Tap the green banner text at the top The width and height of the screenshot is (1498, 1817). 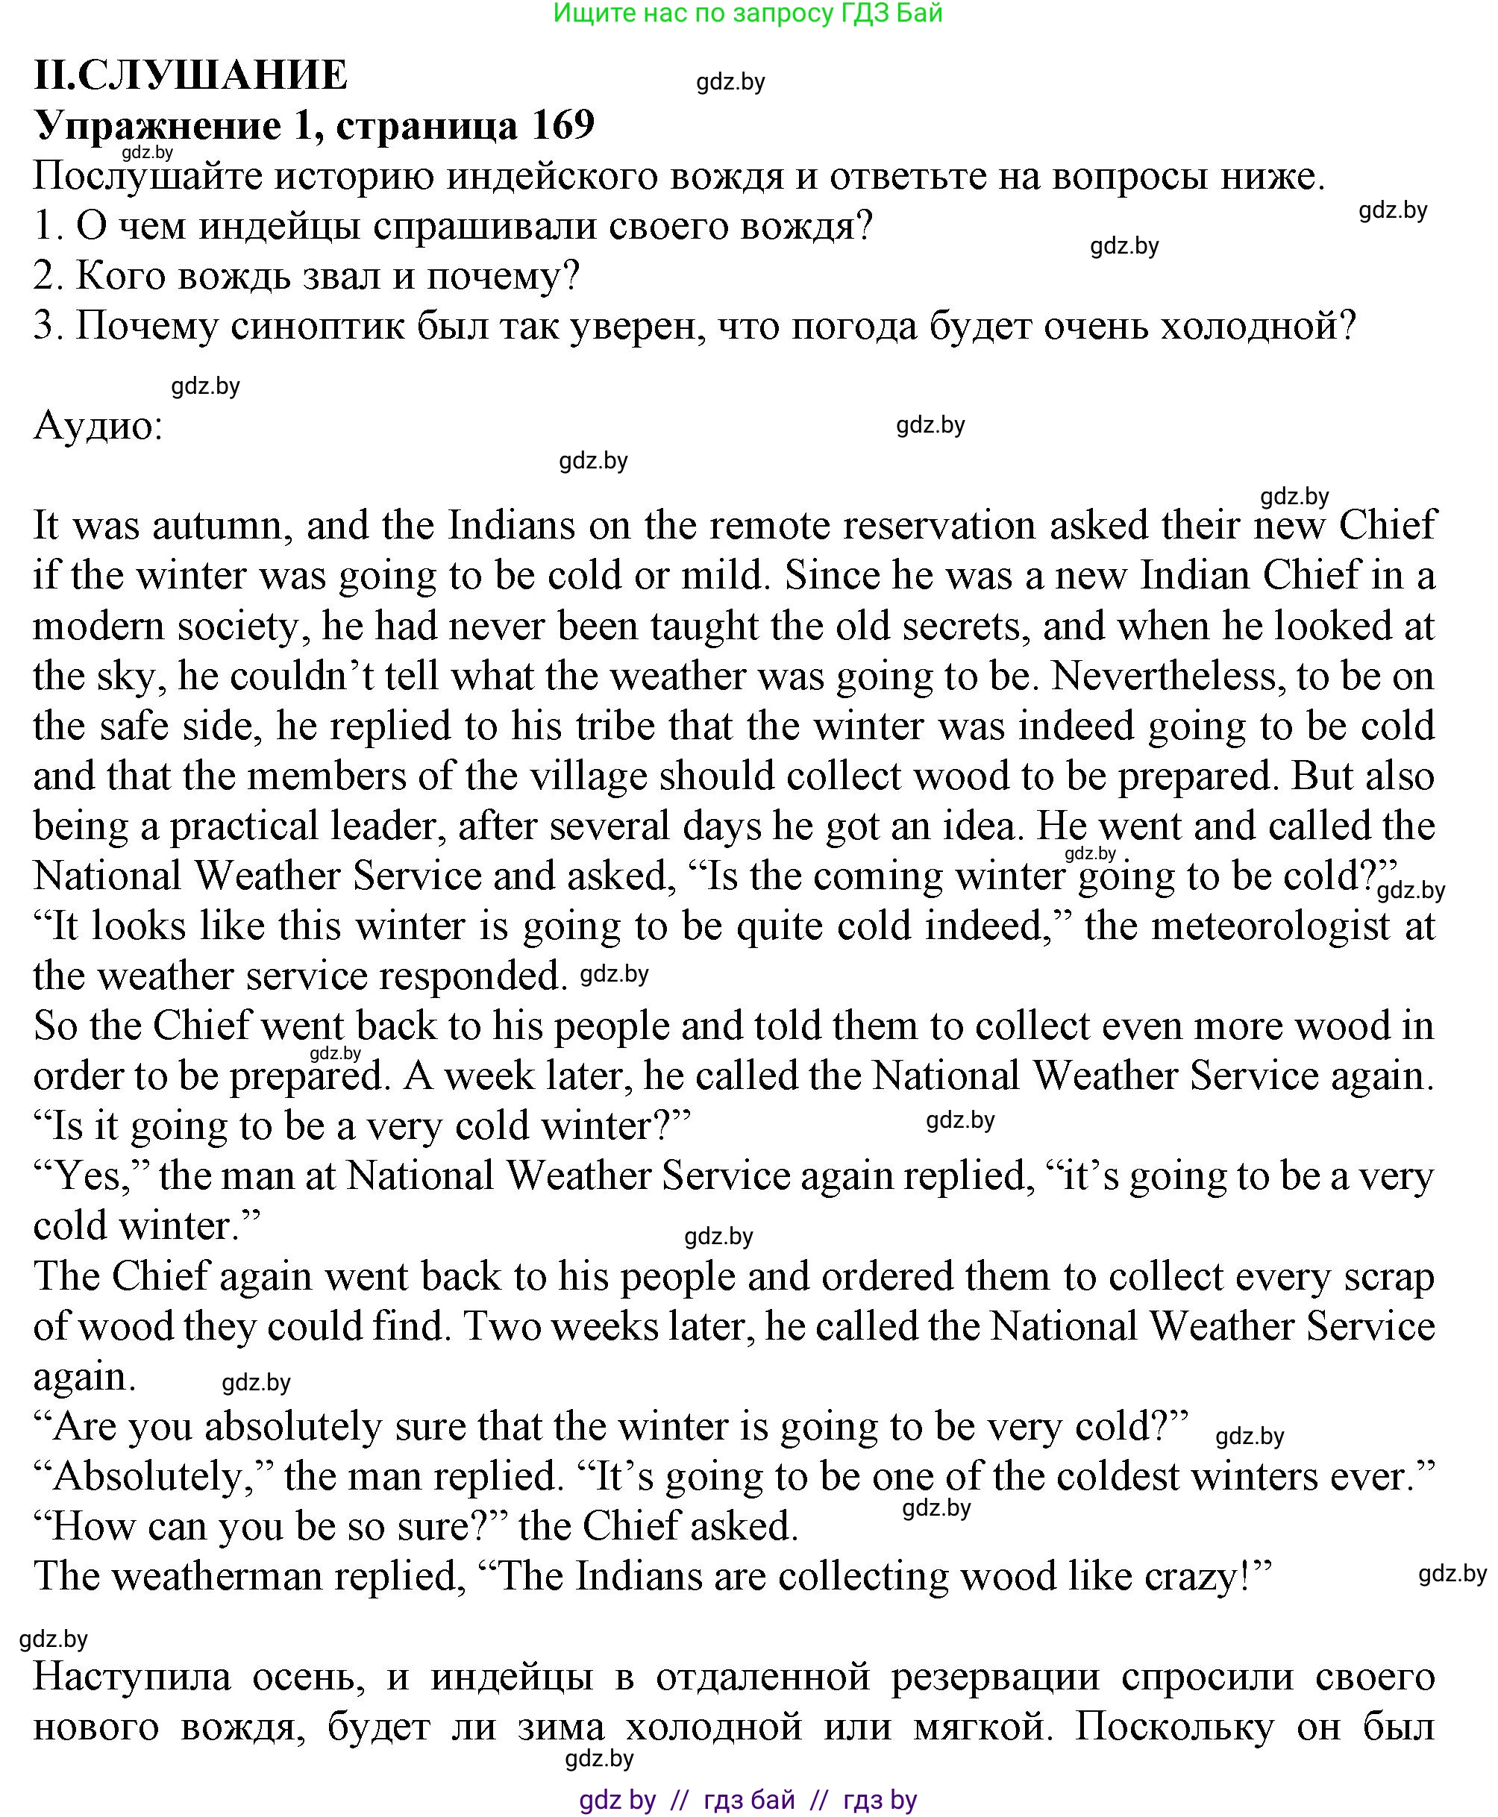coord(748,13)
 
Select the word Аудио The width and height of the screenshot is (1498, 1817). coord(97,425)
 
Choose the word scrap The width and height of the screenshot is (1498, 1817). coord(1389,1276)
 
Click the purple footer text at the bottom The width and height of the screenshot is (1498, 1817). coord(748,1800)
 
